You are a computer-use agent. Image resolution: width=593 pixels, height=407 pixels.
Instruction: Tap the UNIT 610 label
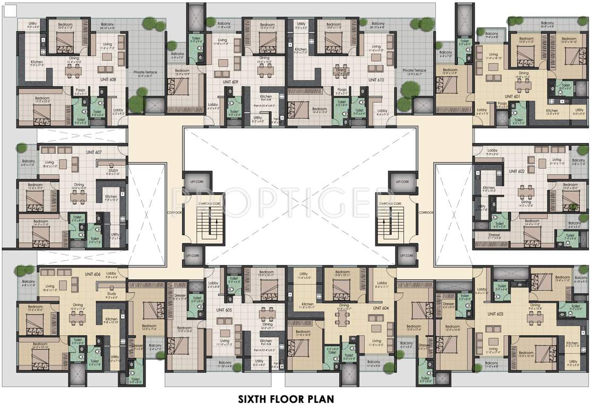point(375,79)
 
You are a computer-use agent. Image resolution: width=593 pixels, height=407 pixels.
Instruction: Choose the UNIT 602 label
point(517,171)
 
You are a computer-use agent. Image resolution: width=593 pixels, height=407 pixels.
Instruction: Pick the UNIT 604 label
point(381,308)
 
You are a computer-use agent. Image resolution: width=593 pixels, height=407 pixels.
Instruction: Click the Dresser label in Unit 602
point(494,235)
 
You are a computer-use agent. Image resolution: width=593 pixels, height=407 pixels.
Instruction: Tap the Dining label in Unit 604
point(345,305)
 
